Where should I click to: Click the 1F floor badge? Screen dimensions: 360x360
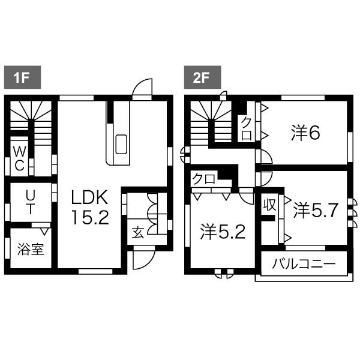point(23,77)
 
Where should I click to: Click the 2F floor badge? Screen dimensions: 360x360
point(202,77)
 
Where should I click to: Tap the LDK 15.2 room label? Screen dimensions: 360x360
point(90,207)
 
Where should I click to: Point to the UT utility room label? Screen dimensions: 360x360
point(31,203)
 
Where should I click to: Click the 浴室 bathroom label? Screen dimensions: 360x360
point(31,250)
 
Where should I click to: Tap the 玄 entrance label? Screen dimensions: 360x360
point(138,232)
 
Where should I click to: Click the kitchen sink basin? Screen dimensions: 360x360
point(121,144)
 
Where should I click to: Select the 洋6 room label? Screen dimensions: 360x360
point(305,133)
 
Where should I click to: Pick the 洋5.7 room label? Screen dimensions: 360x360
point(316,211)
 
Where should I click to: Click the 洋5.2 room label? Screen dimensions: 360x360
point(223,232)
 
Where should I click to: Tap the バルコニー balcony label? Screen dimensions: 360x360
point(304,264)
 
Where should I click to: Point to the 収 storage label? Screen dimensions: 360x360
point(270,205)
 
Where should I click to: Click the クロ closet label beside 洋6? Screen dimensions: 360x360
point(247,128)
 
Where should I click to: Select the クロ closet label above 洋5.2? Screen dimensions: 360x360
point(204,179)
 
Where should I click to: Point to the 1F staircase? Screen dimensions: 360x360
point(31,123)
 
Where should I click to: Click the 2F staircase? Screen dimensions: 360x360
point(211,123)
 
